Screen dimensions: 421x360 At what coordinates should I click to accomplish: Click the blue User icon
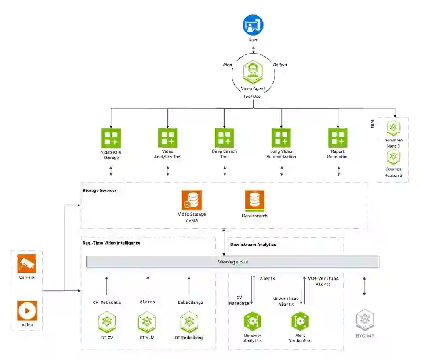[253, 25]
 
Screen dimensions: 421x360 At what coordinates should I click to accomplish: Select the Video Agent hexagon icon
[253, 72]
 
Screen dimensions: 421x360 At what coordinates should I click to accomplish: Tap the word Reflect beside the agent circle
[280, 65]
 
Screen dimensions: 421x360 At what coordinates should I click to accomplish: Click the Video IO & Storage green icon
[111, 138]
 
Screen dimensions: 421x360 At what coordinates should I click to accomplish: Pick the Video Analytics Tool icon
[168, 138]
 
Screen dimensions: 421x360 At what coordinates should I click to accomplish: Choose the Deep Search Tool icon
[225, 138]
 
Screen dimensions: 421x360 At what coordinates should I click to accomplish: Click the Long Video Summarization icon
[281, 138]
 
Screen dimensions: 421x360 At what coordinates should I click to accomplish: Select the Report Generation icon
[338, 138]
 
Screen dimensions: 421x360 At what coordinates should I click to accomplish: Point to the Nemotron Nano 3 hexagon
[394, 128]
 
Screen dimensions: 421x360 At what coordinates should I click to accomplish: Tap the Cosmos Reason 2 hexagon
[394, 157]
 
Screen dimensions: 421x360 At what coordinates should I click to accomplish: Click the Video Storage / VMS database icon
[192, 200]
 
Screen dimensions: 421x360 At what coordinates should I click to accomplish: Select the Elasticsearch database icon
[254, 201]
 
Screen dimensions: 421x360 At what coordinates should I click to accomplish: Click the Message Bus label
[233, 262]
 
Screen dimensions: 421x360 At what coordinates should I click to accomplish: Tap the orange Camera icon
[27, 263]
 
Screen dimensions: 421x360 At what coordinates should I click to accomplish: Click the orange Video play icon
[27, 311]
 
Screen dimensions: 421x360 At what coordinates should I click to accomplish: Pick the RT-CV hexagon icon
[107, 322]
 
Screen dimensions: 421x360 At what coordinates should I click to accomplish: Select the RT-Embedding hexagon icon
[189, 322]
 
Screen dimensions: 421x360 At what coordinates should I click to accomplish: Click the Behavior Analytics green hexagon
[253, 321]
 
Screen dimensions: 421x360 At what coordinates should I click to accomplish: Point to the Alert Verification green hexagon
[300, 321]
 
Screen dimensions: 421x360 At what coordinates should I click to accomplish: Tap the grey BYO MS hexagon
[365, 320]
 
